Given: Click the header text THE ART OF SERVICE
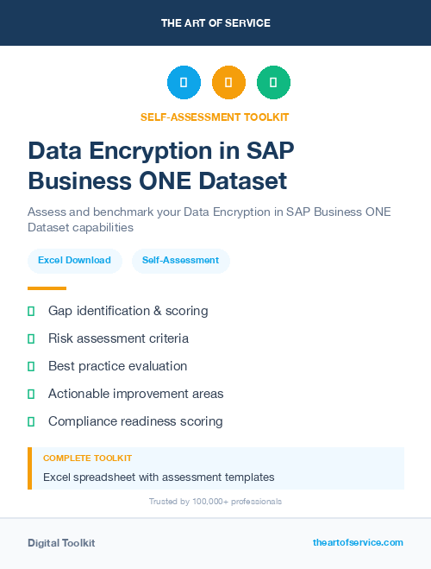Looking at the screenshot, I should tap(215, 23).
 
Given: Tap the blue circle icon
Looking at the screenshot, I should tap(184, 83).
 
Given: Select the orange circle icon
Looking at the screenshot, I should tap(228, 83).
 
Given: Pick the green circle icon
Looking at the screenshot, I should tap(273, 83).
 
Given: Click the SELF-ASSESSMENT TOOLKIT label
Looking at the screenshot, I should tap(215, 117).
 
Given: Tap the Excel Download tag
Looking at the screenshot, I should tap(74, 260).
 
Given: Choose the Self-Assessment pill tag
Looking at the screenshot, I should tap(180, 260).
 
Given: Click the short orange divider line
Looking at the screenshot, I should tap(47, 288).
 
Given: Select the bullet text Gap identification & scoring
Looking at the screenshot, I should tap(128, 311).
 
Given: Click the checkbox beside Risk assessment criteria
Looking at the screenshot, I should tap(31, 338).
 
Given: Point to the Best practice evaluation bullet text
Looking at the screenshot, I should tap(117, 366).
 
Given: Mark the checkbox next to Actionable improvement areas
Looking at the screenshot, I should tap(31, 394).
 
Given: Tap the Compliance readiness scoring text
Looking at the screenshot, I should tap(135, 421).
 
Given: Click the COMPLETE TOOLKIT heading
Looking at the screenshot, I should tap(87, 458).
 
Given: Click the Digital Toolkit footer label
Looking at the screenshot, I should tap(61, 543).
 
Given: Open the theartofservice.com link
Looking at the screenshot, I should tap(358, 542).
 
